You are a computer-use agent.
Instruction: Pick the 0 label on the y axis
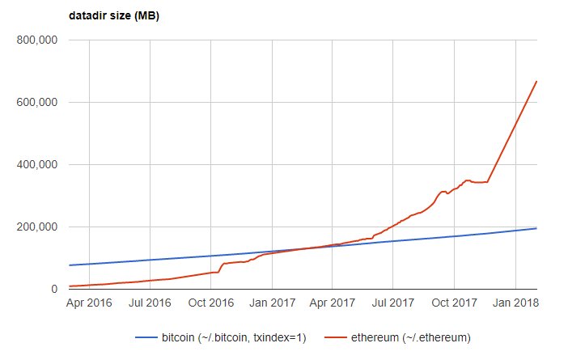click(53, 289)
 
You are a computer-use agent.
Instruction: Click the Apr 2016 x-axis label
click(88, 305)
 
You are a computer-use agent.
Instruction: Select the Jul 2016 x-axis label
click(150, 305)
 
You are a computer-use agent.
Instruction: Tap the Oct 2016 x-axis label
click(211, 305)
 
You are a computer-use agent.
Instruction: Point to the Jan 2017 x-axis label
click(272, 305)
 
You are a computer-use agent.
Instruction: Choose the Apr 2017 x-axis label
click(333, 305)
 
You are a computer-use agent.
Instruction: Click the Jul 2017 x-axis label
click(393, 305)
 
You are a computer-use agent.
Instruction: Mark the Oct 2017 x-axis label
click(455, 305)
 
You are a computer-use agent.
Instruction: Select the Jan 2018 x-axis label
click(516, 305)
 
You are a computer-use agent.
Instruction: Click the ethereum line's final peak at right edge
click(536, 81)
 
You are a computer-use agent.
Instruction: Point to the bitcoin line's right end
click(536, 228)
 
